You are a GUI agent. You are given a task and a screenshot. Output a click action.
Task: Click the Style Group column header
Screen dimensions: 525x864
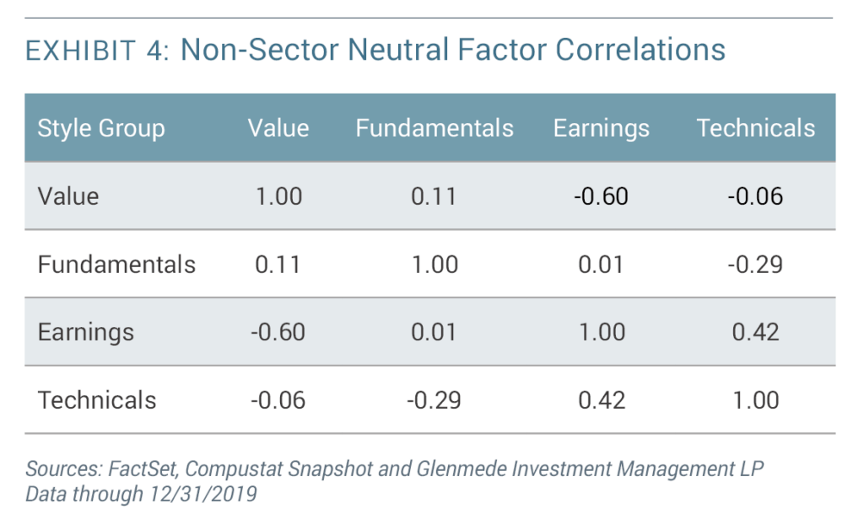tap(101, 129)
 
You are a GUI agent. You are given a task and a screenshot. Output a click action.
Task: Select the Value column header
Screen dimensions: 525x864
tap(278, 128)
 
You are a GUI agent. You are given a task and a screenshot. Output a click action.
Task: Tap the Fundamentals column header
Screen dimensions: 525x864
tap(434, 128)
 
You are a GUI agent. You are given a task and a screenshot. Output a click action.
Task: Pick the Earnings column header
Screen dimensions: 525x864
tap(601, 128)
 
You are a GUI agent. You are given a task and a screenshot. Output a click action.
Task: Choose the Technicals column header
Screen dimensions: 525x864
tap(755, 128)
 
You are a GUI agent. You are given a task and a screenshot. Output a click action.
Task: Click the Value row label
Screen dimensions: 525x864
tap(68, 196)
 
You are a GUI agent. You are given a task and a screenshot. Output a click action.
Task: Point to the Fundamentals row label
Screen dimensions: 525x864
tap(116, 265)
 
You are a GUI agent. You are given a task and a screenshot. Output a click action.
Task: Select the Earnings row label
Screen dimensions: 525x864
tap(85, 332)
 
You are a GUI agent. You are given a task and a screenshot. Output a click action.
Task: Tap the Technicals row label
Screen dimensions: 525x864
tap(97, 399)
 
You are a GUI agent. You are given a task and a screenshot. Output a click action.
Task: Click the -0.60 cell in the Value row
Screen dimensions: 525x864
tap(601, 196)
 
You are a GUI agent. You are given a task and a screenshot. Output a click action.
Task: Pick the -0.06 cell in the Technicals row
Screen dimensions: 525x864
tap(278, 399)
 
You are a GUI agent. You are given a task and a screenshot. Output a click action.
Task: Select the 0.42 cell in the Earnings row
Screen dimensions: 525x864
tap(755, 332)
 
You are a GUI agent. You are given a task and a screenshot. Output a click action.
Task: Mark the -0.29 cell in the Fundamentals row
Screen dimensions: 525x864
tap(755, 265)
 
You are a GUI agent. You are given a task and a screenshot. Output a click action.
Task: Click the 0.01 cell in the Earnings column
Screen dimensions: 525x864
tap(601, 265)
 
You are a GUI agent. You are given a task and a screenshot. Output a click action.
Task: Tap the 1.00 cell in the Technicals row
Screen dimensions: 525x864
tap(755, 399)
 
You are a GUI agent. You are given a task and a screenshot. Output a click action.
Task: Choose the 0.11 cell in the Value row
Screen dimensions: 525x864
tap(434, 196)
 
